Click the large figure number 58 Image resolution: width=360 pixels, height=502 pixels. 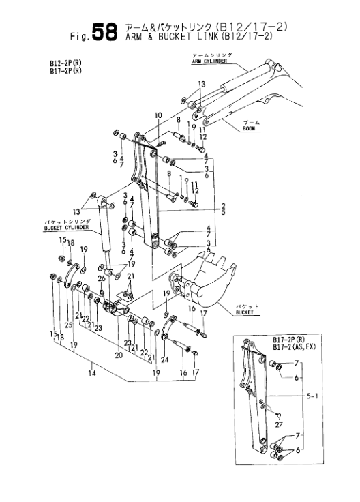103,31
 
